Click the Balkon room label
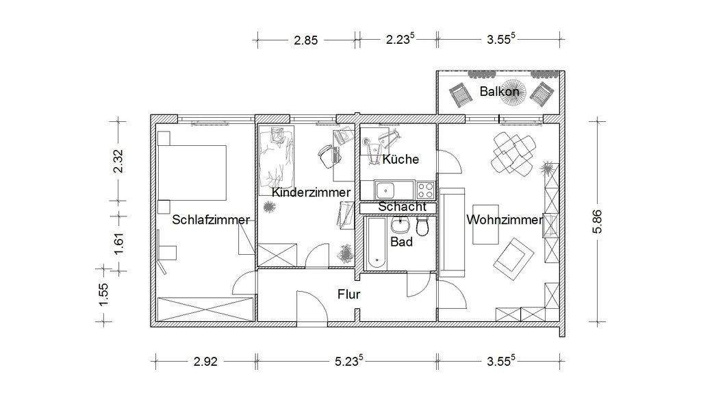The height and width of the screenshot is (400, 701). [x=498, y=90]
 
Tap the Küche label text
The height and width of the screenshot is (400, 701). [x=400, y=159]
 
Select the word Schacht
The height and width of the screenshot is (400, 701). [x=403, y=206]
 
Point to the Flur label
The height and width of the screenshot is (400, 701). [x=348, y=295]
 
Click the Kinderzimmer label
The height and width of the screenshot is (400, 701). [x=311, y=192]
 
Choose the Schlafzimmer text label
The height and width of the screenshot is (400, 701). [x=211, y=220]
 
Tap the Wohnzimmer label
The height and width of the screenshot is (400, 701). [x=504, y=220]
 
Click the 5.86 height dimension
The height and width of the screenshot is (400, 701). [x=599, y=222]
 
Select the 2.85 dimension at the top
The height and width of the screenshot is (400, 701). [x=306, y=40]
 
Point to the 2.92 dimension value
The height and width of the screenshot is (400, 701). [x=205, y=362]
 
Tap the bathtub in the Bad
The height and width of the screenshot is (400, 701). [x=376, y=243]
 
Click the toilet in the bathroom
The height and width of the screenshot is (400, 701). [x=422, y=227]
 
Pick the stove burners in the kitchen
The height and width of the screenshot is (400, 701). [x=424, y=188]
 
